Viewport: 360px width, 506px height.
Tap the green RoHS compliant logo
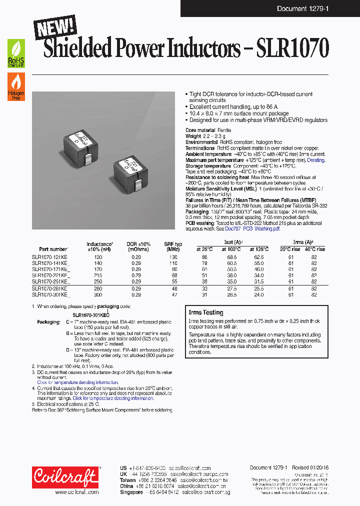(15, 54)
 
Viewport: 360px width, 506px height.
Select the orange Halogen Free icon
(15, 86)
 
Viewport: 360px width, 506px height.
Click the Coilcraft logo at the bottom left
(65, 478)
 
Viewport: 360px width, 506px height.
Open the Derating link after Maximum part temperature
(315, 160)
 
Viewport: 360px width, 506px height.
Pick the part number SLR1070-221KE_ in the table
(50, 275)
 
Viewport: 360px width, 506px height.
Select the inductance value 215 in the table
(98, 275)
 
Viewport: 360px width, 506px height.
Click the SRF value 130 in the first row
(173, 257)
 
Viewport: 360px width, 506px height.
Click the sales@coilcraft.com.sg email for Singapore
(205, 492)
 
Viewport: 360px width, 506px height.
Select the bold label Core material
(201, 130)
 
